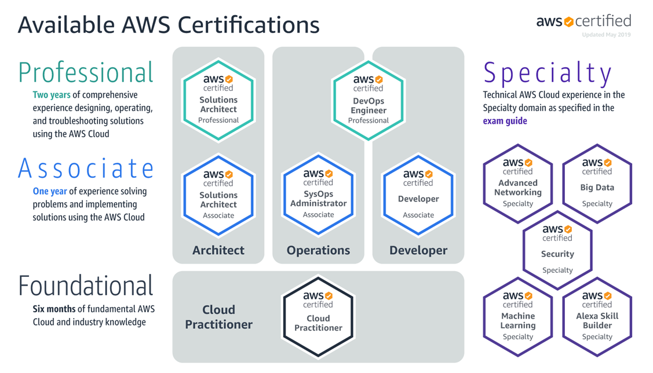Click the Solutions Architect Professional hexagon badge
click(x=218, y=100)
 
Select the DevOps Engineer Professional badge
click(x=368, y=100)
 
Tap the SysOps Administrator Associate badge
click(x=318, y=195)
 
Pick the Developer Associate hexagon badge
click(x=418, y=195)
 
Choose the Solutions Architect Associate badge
click(x=218, y=195)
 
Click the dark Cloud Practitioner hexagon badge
click(x=318, y=317)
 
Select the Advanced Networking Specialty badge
click(x=517, y=184)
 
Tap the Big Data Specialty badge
click(x=597, y=184)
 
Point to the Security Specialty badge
click(x=557, y=250)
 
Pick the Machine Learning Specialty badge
click(x=517, y=317)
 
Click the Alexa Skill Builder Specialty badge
click(x=597, y=317)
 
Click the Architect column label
click(x=218, y=250)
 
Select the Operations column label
click(x=318, y=250)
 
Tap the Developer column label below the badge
click(x=418, y=250)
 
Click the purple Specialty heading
click(x=548, y=74)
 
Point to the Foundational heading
click(x=86, y=286)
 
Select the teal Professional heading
click(x=86, y=73)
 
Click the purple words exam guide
click(x=505, y=121)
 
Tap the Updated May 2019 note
click(x=606, y=35)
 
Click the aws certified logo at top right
click(x=583, y=21)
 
